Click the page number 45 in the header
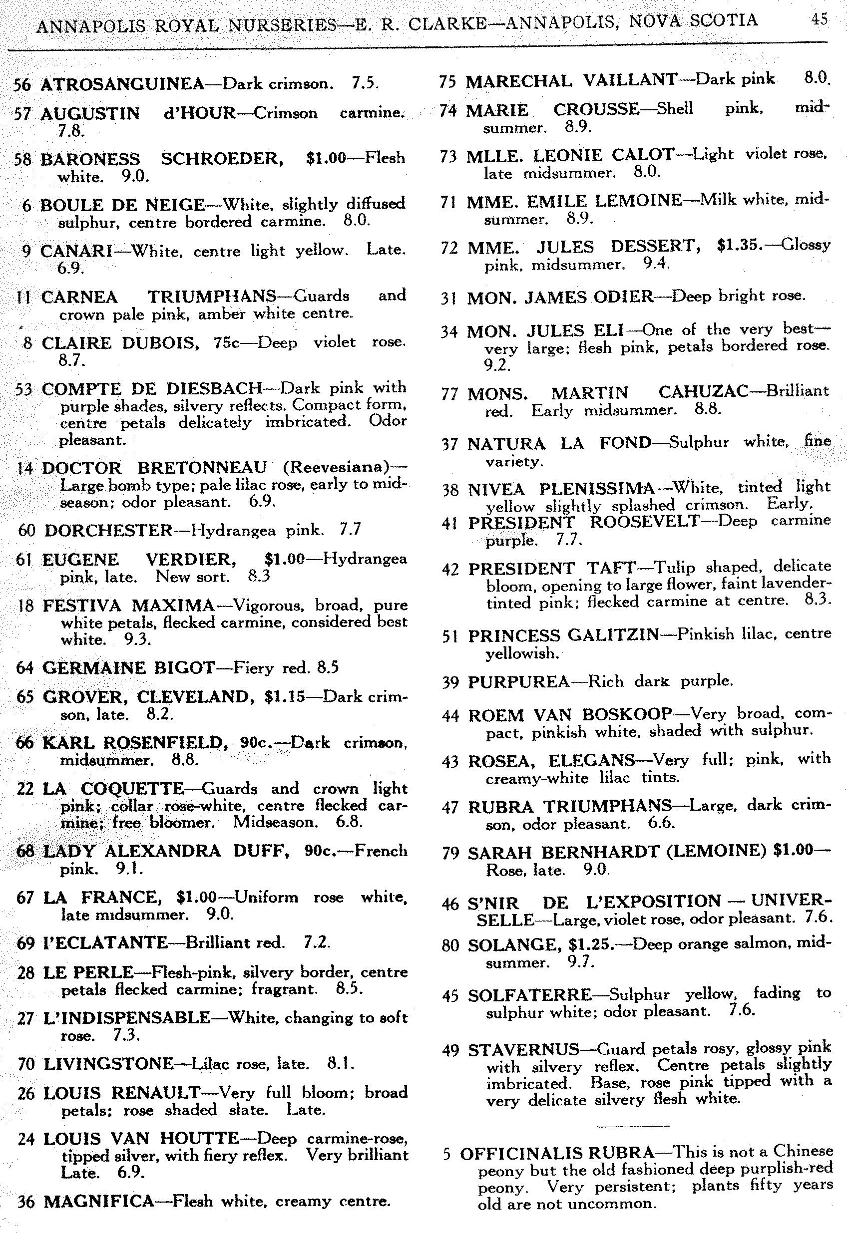(819, 19)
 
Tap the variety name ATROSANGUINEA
(122, 84)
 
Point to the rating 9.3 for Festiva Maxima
(137, 640)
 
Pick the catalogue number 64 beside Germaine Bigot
(25, 668)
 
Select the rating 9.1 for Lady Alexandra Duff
(129, 869)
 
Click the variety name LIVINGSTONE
(108, 1064)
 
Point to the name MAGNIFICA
(99, 1201)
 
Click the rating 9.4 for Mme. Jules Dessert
(657, 264)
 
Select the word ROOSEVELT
(645, 522)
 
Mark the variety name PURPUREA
(518, 682)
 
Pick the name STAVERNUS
(523, 1049)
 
